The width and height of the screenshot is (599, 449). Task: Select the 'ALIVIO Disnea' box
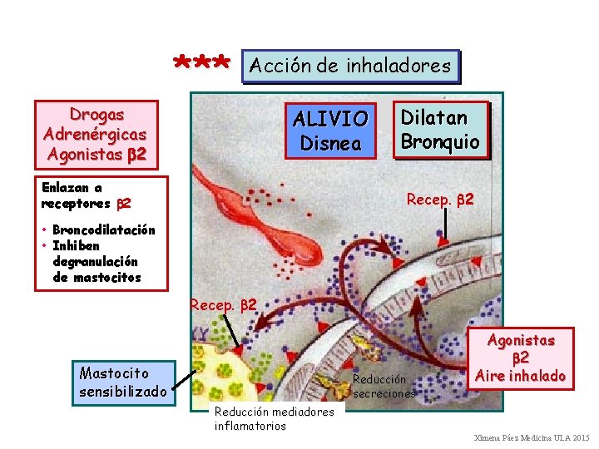pos(330,131)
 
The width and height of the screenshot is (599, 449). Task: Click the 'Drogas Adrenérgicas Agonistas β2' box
pos(96,133)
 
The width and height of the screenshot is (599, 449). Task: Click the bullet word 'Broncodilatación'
pos(103,230)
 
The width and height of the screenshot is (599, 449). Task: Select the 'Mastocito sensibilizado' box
pos(122,382)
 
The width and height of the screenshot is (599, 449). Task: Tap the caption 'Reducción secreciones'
pos(384,385)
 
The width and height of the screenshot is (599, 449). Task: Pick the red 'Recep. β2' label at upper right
pos(440,200)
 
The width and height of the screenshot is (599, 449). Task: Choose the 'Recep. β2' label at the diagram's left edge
pos(224,305)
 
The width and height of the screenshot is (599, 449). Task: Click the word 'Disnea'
pos(330,143)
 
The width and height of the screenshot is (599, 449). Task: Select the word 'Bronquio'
pos(440,141)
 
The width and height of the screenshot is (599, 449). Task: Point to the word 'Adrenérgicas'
pos(96,133)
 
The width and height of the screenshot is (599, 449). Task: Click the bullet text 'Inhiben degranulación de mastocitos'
pos(97,261)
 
